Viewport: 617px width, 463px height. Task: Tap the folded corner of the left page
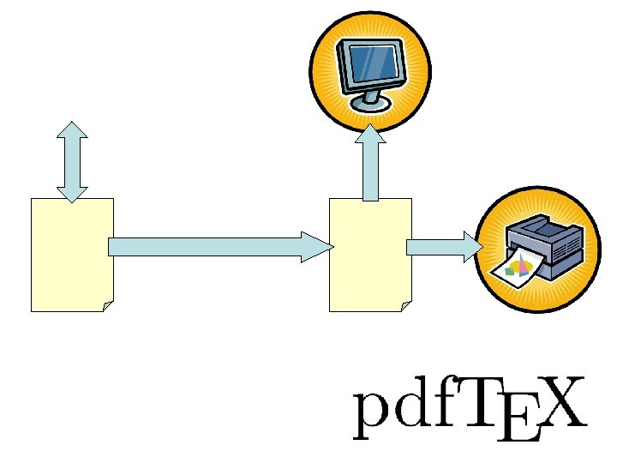108,306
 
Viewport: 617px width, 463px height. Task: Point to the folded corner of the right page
406,306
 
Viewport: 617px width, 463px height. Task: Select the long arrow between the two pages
206,247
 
